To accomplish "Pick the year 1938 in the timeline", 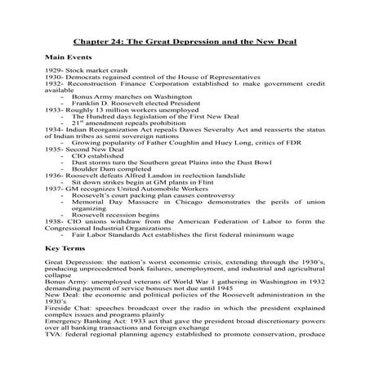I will click(x=53, y=220).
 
